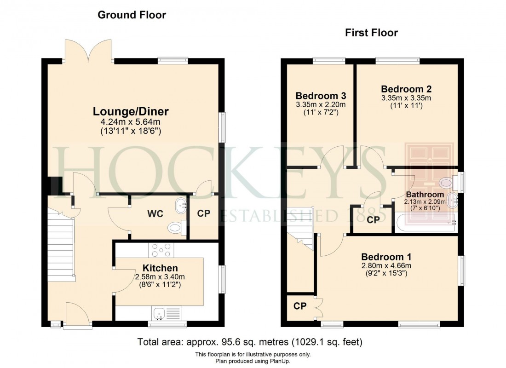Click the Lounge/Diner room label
click(131, 111)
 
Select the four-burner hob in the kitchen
click(161, 251)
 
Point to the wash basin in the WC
click(181, 206)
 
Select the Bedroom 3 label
click(321, 96)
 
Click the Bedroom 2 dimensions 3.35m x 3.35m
click(406, 98)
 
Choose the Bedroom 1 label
click(386, 257)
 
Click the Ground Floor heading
click(132, 15)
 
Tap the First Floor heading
click(371, 33)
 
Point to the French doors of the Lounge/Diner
click(89, 51)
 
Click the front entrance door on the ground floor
click(77, 316)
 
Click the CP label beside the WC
click(203, 214)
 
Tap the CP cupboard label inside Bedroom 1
click(300, 306)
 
